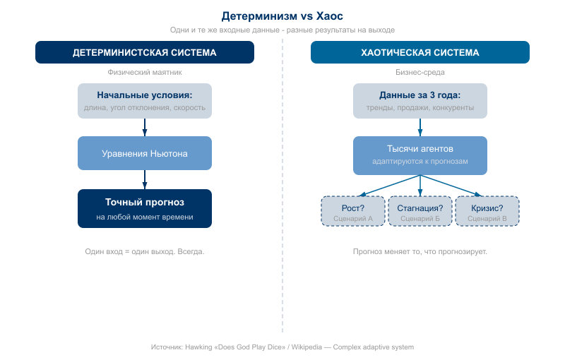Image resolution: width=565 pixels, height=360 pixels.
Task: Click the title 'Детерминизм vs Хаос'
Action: (282, 16)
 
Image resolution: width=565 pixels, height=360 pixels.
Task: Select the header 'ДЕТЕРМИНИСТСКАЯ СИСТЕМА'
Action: (145, 52)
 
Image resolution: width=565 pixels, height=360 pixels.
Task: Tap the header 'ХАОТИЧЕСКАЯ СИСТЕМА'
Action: (420, 52)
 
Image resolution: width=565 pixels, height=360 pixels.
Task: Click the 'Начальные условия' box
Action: (145, 101)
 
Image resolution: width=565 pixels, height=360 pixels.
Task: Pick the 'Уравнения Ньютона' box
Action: (145, 153)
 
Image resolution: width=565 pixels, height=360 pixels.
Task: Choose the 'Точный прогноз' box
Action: (145, 208)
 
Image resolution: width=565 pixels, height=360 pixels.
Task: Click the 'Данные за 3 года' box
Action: (420, 101)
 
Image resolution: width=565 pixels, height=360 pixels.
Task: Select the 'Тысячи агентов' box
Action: (420, 155)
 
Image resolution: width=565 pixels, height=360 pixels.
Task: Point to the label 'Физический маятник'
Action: (145, 72)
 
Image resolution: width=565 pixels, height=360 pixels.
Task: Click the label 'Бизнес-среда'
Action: (420, 72)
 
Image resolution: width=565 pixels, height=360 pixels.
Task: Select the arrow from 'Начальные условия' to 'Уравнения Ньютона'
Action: (145, 127)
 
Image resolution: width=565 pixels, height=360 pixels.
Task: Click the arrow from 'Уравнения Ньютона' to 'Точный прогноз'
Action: (145, 180)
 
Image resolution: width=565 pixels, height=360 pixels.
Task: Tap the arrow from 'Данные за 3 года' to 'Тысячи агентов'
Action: (420, 127)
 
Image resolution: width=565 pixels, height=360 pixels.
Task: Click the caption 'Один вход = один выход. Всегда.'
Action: (145, 251)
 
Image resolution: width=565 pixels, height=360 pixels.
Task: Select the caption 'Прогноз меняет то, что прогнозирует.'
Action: (420, 251)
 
